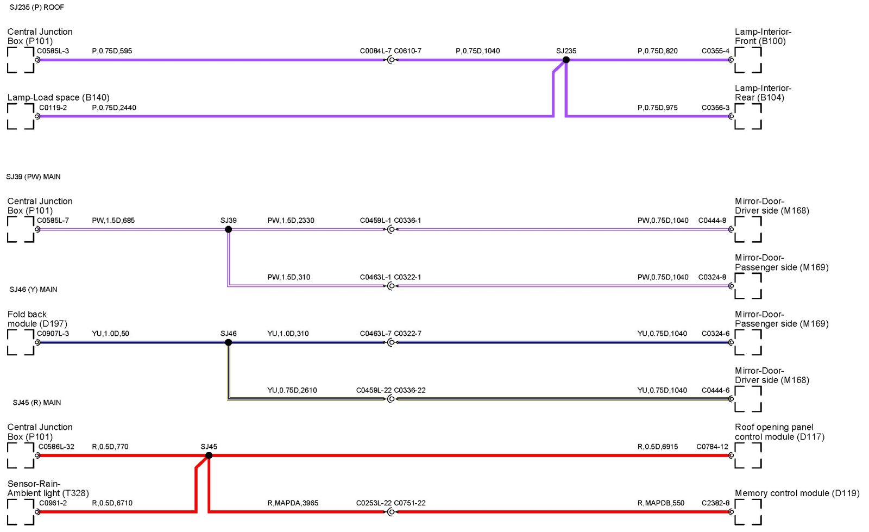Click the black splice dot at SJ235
point(566,60)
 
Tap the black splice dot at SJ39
point(228,229)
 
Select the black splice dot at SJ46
point(228,342)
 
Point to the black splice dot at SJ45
point(209,455)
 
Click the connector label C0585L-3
point(53,51)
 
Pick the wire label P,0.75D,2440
point(114,108)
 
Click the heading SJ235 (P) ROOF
point(36,7)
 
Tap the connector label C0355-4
point(715,51)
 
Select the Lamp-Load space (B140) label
point(58,97)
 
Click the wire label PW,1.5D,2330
point(291,221)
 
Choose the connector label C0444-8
point(712,221)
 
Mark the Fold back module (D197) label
point(37,319)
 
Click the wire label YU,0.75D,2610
point(292,390)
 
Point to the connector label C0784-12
point(712,447)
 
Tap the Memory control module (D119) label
point(797,493)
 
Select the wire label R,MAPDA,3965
point(293,503)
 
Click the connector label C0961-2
point(53,503)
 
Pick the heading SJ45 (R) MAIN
point(37,403)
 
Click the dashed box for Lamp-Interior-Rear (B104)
point(748,116)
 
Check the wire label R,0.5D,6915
point(657,447)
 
